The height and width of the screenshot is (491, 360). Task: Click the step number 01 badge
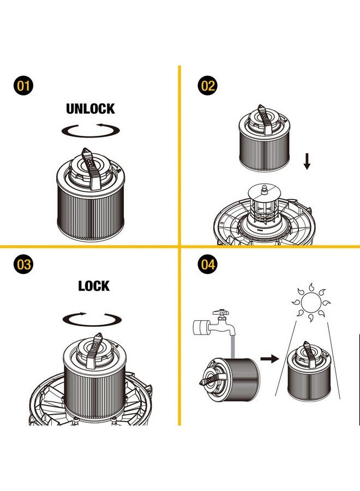pos(23,86)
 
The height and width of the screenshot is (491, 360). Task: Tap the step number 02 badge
pos(208,86)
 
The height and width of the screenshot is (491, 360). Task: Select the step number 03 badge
pos(23,264)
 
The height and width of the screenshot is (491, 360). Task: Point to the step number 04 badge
pos(208,264)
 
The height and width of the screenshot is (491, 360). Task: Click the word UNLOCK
pos(91,109)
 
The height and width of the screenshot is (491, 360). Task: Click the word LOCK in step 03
pos(94,286)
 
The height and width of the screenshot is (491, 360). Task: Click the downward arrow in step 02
pos(307,161)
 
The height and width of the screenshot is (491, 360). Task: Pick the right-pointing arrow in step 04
pos(269,358)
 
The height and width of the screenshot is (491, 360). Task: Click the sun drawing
pos(311,302)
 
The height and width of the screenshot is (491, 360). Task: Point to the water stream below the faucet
pos(232,348)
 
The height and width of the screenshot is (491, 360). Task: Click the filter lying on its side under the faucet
pos(230,380)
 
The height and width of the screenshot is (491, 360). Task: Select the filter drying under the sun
pos(309,372)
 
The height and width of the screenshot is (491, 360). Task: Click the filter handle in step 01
pos(91,169)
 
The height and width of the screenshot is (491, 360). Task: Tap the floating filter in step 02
pos(265,138)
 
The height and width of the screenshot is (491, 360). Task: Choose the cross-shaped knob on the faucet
pos(221,313)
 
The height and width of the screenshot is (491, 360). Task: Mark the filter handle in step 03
pos(96,350)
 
